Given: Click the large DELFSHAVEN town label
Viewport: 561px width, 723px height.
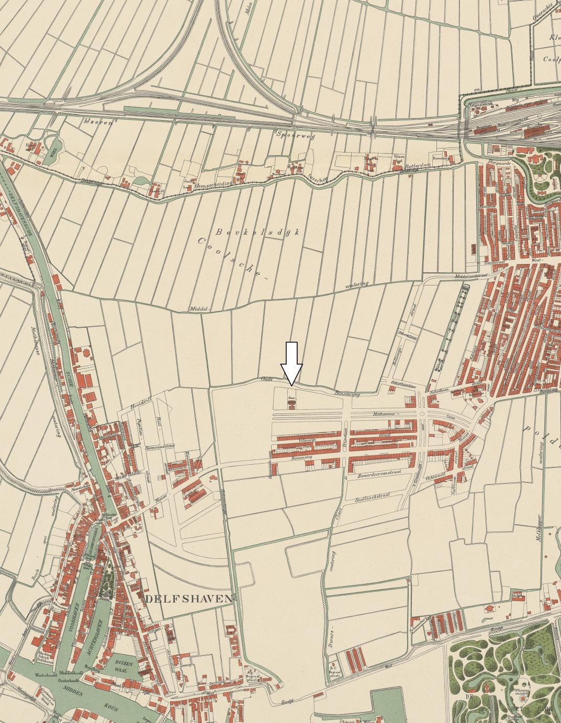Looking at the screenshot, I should click(x=188, y=599).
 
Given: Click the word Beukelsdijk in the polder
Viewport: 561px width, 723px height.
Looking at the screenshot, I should click(x=256, y=232).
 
